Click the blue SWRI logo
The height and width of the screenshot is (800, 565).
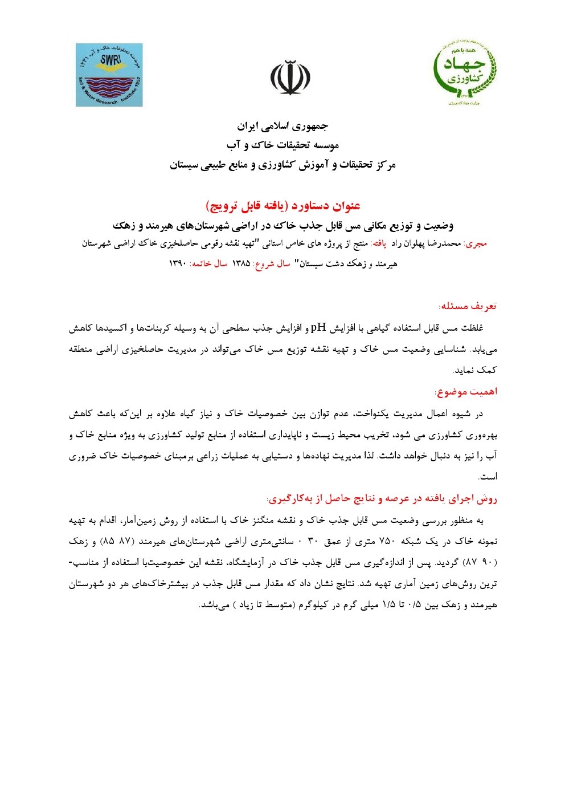[x=109, y=75]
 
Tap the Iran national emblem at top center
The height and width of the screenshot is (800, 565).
[x=290, y=78]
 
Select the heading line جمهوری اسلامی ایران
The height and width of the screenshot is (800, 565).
[x=282, y=126]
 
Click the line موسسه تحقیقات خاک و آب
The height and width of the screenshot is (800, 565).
[x=282, y=145]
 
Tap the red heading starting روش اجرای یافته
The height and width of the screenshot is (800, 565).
[x=382, y=499]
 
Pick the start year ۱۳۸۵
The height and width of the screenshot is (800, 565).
[x=241, y=263]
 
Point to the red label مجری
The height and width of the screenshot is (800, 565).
[x=476, y=243]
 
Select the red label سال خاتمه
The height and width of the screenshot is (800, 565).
[x=208, y=263]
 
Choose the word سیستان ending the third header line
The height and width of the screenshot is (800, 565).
[x=187, y=165]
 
